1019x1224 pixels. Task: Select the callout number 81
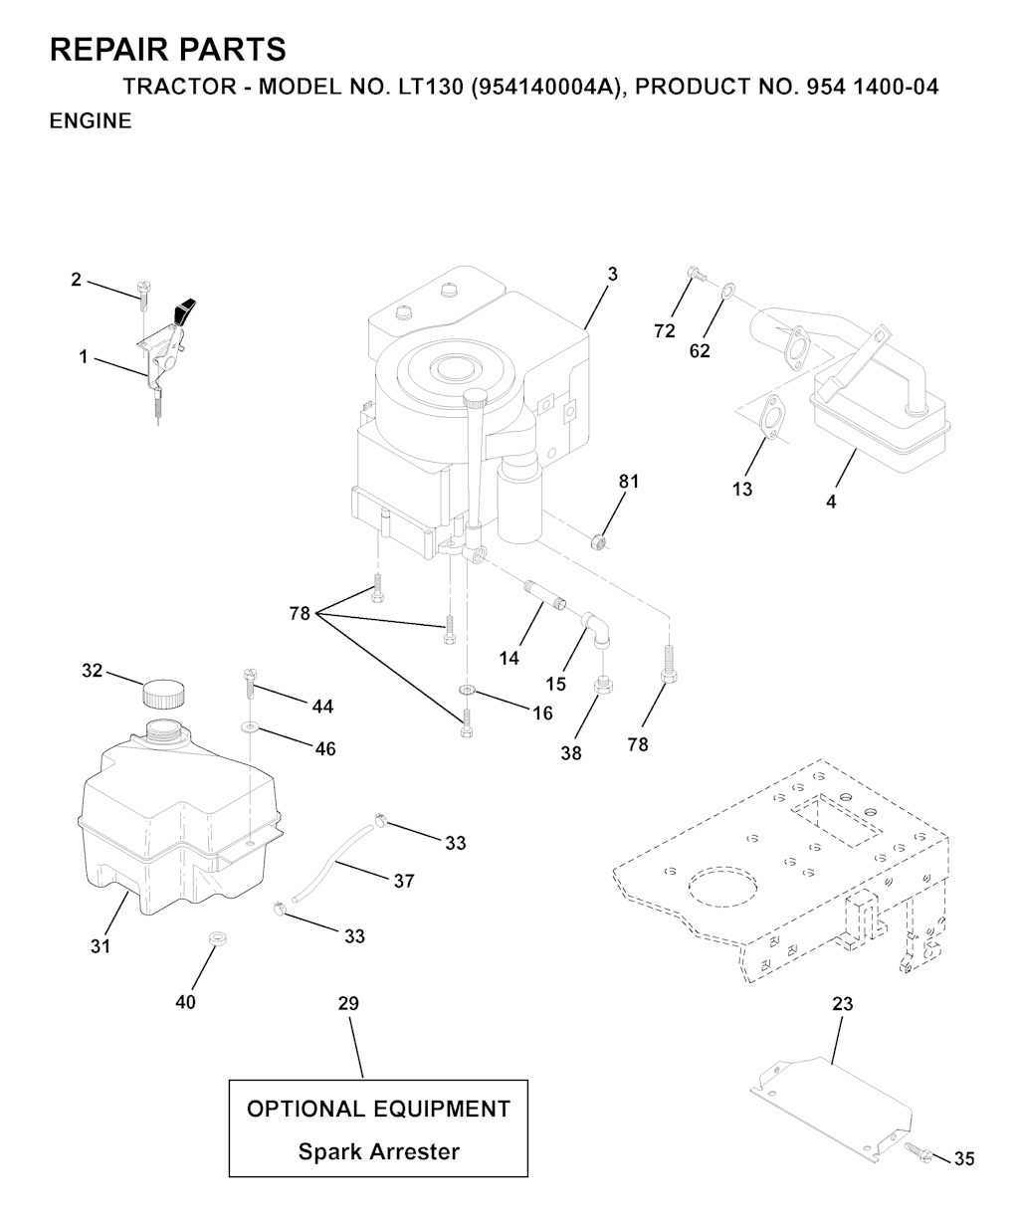(x=628, y=482)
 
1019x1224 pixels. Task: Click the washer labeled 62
(x=728, y=291)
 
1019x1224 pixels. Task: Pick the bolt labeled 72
(x=697, y=274)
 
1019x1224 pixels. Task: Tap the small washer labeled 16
(x=466, y=690)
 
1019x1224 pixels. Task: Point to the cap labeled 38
(x=602, y=686)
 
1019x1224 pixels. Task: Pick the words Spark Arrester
(x=379, y=1151)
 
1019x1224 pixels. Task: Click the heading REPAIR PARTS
(x=168, y=49)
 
